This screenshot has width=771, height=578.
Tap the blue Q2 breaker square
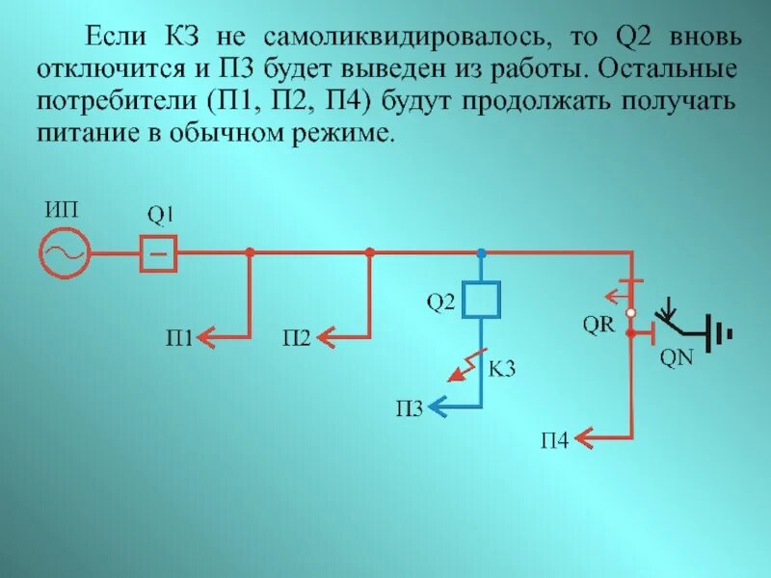481,298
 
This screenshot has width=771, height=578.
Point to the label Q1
160,213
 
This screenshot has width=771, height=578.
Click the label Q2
439,304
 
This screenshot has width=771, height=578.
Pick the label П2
297,337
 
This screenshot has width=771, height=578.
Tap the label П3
409,409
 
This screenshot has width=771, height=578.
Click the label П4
554,441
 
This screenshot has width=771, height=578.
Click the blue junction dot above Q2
481,252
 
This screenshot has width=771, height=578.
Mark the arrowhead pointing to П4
584,440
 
